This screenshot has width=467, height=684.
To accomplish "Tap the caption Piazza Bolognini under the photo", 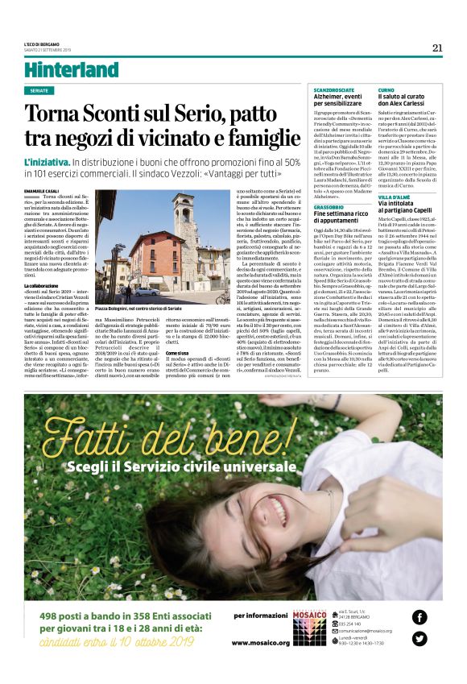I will click(x=138, y=309).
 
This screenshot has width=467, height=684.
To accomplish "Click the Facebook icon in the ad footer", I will click(x=419, y=617).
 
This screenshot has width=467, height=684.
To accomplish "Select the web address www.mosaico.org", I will click(x=260, y=642).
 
